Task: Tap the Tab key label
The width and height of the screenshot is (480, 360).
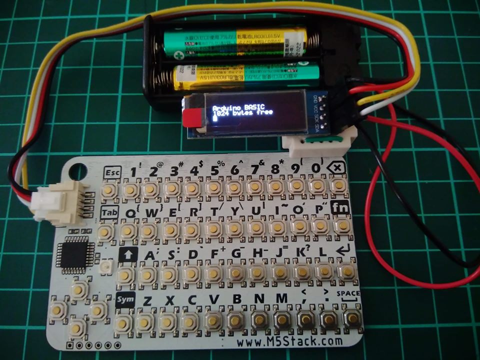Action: point(109,213)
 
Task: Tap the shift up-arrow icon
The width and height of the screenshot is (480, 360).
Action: point(127,255)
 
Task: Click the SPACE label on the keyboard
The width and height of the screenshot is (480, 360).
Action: point(348,294)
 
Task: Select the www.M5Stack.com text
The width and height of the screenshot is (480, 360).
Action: point(290,342)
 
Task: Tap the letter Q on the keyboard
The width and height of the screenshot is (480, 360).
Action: point(129,212)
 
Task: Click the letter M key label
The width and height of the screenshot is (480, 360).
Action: point(281,299)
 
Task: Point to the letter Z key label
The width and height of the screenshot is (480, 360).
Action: point(147,301)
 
